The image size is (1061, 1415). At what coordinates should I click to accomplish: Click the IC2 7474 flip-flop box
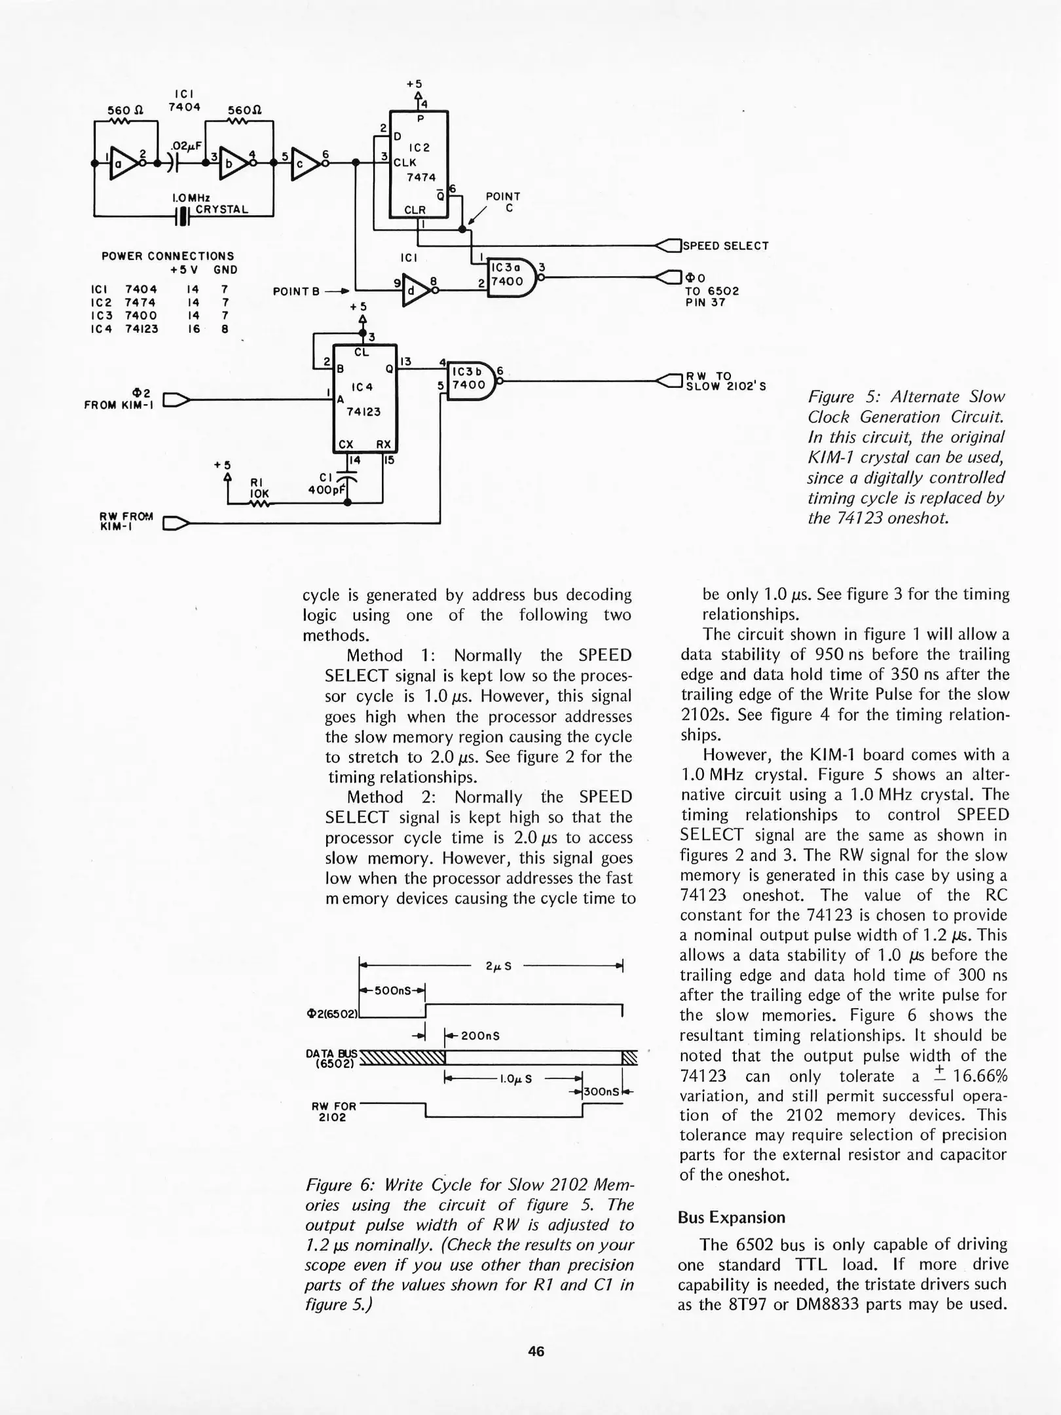[419, 164]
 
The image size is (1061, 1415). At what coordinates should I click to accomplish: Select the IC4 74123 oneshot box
[365, 398]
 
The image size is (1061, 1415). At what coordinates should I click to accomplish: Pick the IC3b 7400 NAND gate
[470, 381]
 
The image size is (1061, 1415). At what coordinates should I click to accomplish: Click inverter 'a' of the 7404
[122, 163]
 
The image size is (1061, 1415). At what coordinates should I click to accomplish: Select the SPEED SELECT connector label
[726, 246]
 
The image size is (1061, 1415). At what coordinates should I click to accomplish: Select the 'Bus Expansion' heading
[732, 1217]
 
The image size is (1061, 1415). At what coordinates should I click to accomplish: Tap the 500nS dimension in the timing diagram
[392, 990]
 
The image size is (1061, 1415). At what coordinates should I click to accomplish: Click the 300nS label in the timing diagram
[601, 1092]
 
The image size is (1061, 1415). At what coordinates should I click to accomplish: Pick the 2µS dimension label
[498, 966]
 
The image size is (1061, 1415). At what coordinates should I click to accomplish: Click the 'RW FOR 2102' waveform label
[333, 1111]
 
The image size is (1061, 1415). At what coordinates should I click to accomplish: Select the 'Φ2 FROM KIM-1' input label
[118, 398]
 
